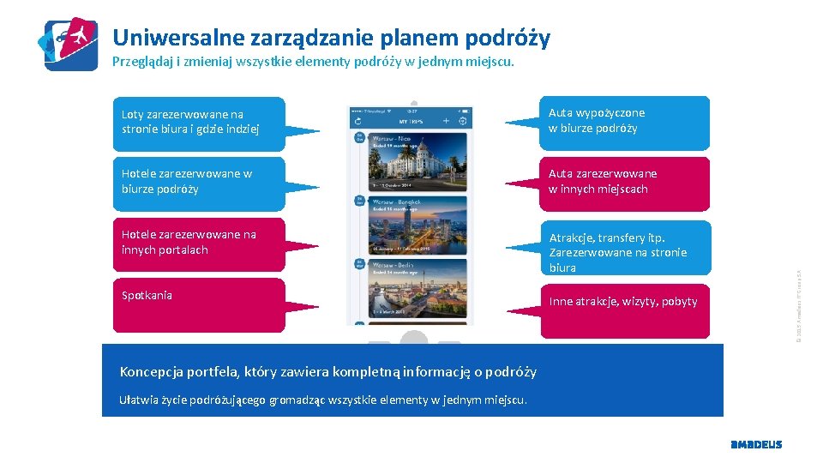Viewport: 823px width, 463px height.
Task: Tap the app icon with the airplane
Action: coord(70,43)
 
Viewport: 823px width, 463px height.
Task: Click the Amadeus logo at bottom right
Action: coord(755,444)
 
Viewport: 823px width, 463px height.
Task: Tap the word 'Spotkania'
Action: coord(147,296)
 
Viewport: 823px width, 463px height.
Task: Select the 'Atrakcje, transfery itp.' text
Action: coord(607,238)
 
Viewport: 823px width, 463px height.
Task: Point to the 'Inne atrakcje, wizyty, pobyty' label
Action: coord(623,302)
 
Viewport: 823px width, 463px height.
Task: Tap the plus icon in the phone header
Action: coord(447,122)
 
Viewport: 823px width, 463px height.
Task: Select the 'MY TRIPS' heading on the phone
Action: coord(411,122)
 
